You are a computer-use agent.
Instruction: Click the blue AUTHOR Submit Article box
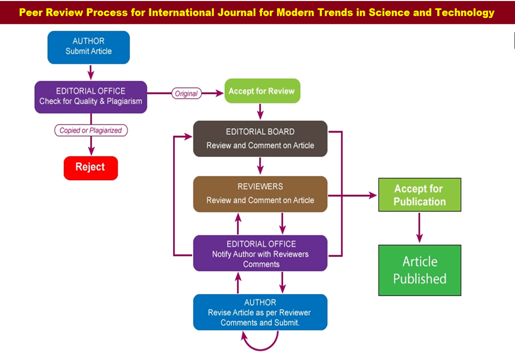(x=88, y=47)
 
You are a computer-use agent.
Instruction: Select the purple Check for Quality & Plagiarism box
(x=90, y=96)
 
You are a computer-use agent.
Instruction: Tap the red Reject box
(x=90, y=168)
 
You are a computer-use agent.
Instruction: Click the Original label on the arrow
(x=186, y=93)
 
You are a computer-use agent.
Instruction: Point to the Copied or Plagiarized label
(x=90, y=130)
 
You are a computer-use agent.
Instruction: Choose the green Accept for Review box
(x=262, y=91)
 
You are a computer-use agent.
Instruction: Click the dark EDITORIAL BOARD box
(x=260, y=138)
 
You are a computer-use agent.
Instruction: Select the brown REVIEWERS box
(x=260, y=193)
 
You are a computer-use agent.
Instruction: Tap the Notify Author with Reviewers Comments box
(x=260, y=253)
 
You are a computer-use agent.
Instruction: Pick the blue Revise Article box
(x=260, y=312)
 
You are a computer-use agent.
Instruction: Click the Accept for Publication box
(x=420, y=195)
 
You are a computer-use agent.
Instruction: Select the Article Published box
(x=420, y=270)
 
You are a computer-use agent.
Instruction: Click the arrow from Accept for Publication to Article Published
(x=420, y=228)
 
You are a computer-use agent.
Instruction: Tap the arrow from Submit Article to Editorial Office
(x=90, y=72)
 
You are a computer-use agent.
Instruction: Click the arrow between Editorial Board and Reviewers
(x=260, y=166)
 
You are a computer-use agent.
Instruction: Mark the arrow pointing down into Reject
(x=90, y=146)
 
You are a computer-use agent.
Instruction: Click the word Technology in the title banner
(x=464, y=12)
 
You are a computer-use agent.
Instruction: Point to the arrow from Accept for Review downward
(x=260, y=111)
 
